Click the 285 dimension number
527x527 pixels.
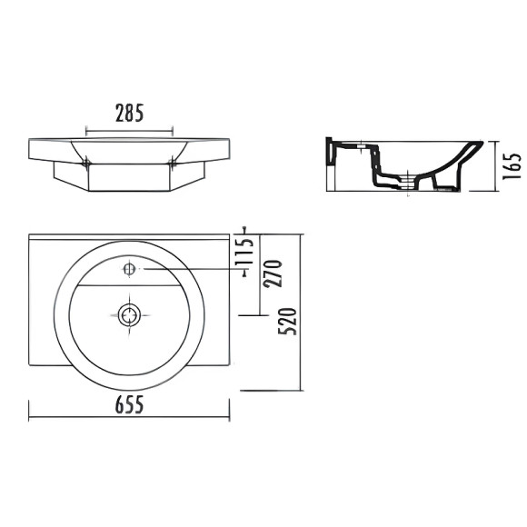click(x=130, y=113)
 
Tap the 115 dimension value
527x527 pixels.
click(x=242, y=251)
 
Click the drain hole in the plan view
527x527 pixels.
click(x=130, y=314)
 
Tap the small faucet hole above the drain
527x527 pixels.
click(x=130, y=269)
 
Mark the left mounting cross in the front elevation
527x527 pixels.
click(x=86, y=163)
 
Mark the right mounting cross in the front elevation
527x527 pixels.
click(x=173, y=163)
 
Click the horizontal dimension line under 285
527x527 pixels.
click(x=130, y=128)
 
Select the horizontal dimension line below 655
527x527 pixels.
click(x=129, y=419)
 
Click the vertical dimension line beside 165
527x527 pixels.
click(x=492, y=166)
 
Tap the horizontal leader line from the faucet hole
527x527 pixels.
click(x=191, y=269)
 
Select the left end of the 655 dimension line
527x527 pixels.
click(x=31, y=419)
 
